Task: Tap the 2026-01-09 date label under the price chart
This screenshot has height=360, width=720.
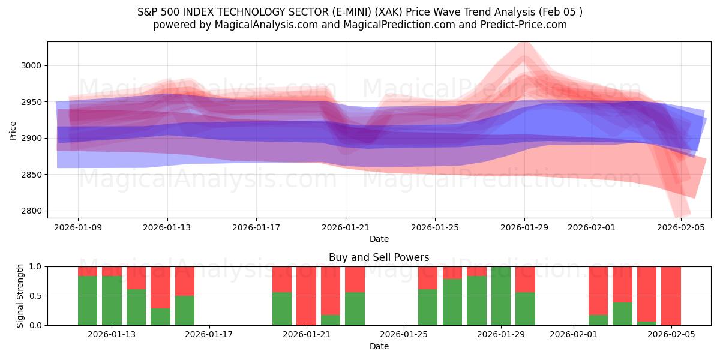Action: [x=78, y=227]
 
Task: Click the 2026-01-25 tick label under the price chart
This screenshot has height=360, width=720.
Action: [x=435, y=227]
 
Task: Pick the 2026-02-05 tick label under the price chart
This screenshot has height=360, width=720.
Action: [x=681, y=227]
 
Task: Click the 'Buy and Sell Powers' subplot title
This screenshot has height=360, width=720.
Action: [x=379, y=257]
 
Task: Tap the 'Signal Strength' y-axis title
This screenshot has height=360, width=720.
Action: [x=20, y=296]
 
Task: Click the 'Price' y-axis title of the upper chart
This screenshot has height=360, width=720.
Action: [x=13, y=130]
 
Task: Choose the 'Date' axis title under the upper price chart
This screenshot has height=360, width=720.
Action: [x=379, y=239]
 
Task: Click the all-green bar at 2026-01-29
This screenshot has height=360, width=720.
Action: [x=501, y=296]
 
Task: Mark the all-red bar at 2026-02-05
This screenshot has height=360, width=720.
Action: [x=671, y=296]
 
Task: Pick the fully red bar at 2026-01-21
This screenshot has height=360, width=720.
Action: [x=306, y=296]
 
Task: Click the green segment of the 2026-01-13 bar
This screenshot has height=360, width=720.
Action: [x=112, y=300]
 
